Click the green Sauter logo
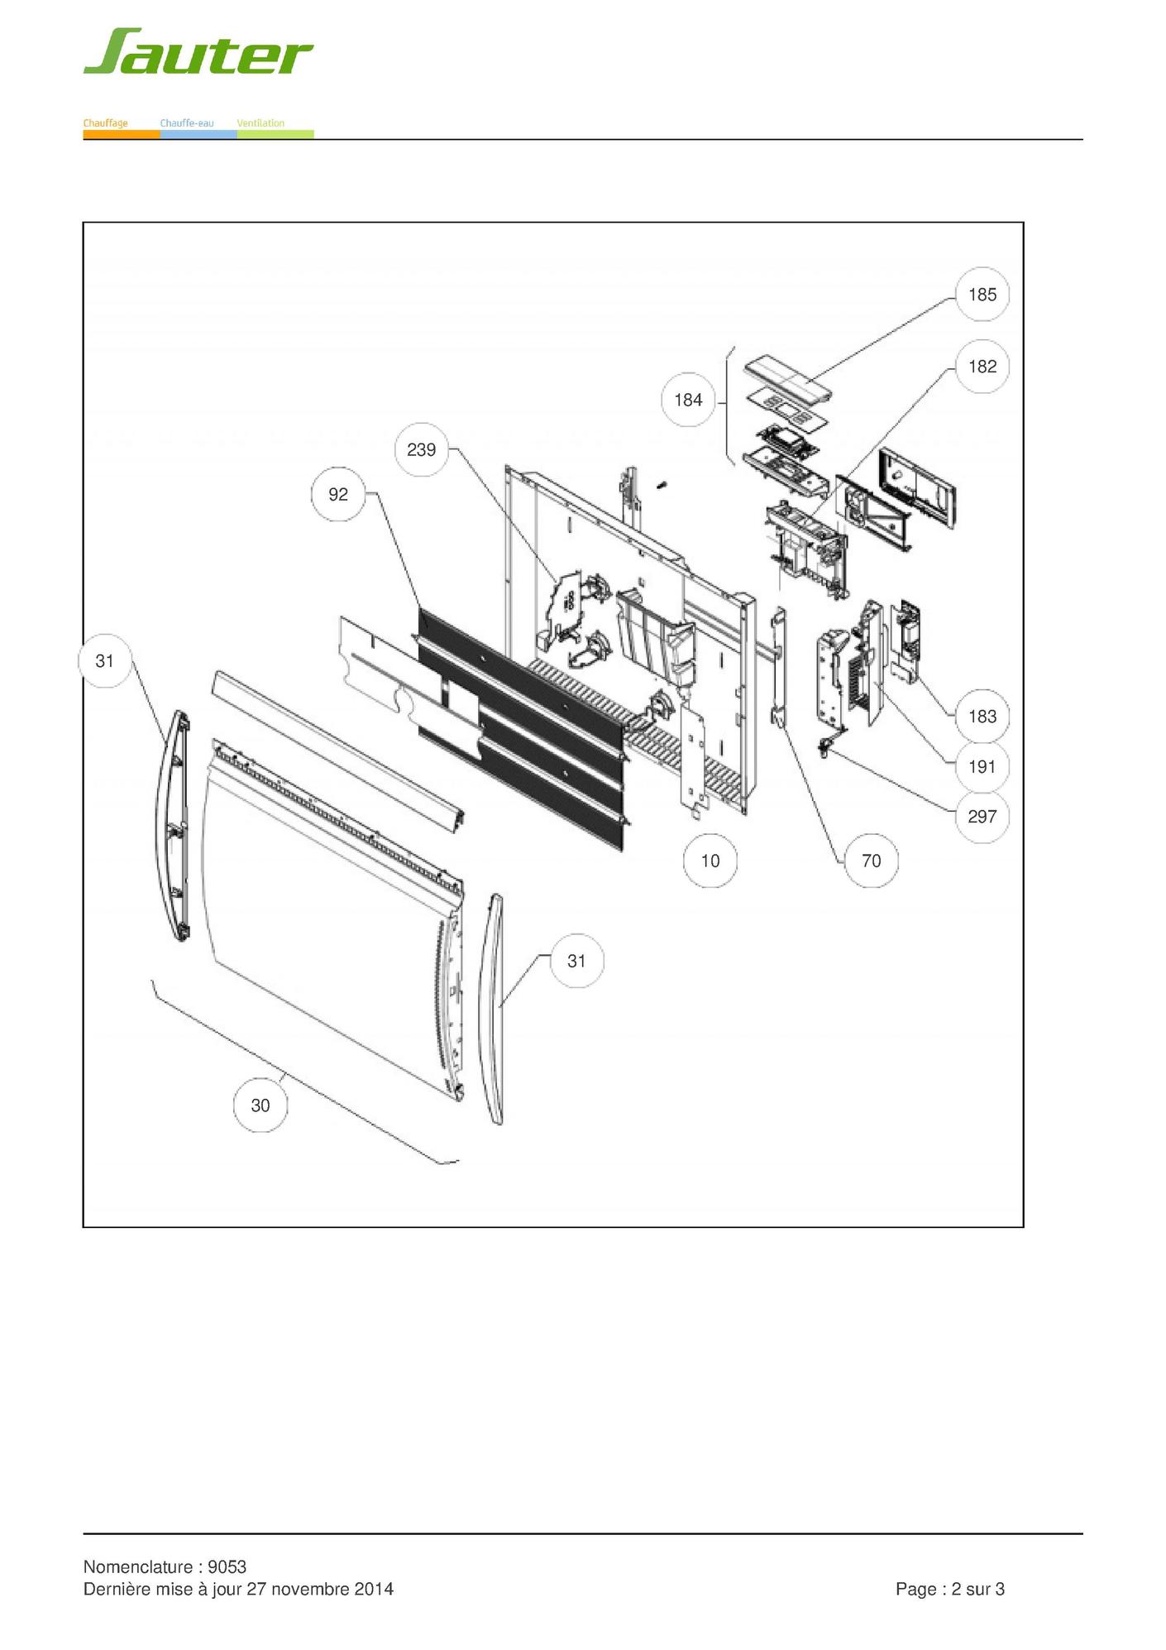tap(198, 51)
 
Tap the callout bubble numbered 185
tap(982, 295)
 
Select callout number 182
tap(982, 367)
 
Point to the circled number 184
tap(688, 400)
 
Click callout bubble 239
tap(422, 449)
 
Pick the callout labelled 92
tap(338, 494)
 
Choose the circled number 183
tap(982, 717)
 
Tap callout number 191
tap(982, 767)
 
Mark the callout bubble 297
tap(982, 817)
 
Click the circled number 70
tap(872, 861)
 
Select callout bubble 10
tap(710, 861)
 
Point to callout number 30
tap(260, 1106)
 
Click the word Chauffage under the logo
tap(106, 123)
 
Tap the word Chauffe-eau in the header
tap(187, 123)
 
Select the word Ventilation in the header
tap(260, 123)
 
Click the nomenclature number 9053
tap(227, 1566)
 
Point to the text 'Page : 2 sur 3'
tap(950, 1589)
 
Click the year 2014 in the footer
tap(374, 1589)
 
